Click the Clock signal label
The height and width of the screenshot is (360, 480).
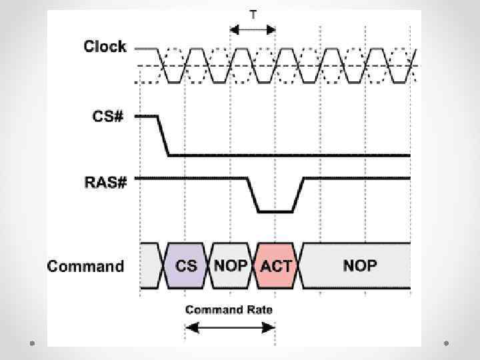(105, 47)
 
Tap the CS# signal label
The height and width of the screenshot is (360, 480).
(108, 116)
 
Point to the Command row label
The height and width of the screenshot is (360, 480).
(85, 267)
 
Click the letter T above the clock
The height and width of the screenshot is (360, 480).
(253, 13)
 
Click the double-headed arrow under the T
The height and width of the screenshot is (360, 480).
(253, 29)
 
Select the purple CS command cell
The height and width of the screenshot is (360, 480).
(186, 265)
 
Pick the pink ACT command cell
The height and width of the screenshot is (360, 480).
(276, 265)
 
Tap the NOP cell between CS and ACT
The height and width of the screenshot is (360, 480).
(231, 265)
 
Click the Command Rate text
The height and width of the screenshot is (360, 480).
(229, 310)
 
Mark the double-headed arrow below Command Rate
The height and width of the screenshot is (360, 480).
(230, 327)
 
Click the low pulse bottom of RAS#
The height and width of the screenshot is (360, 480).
(275, 212)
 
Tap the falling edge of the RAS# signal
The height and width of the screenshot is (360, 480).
(253, 195)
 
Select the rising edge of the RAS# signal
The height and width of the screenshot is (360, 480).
(298, 195)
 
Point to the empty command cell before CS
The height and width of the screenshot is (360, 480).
(150, 265)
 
